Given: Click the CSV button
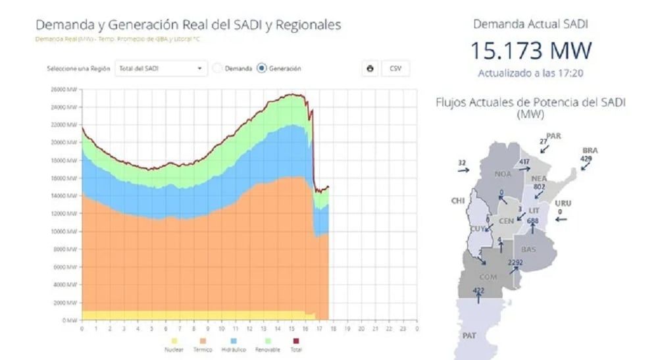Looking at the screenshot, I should [395, 68].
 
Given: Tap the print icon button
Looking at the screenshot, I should [370, 68].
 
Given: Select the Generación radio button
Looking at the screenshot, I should [262, 68].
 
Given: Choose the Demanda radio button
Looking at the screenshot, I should [218, 68].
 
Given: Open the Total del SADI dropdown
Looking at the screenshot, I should [160, 68].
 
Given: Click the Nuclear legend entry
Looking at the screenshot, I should [174, 345].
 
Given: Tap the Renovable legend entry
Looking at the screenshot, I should [267, 345].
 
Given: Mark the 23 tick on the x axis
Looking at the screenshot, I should [403, 328].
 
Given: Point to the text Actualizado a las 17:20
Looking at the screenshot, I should [530, 72].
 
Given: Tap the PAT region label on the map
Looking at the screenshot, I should [468, 336].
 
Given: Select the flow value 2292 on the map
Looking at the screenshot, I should [515, 263].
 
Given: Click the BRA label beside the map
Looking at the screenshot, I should [590, 150].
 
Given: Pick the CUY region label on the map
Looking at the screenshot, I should [478, 229].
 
